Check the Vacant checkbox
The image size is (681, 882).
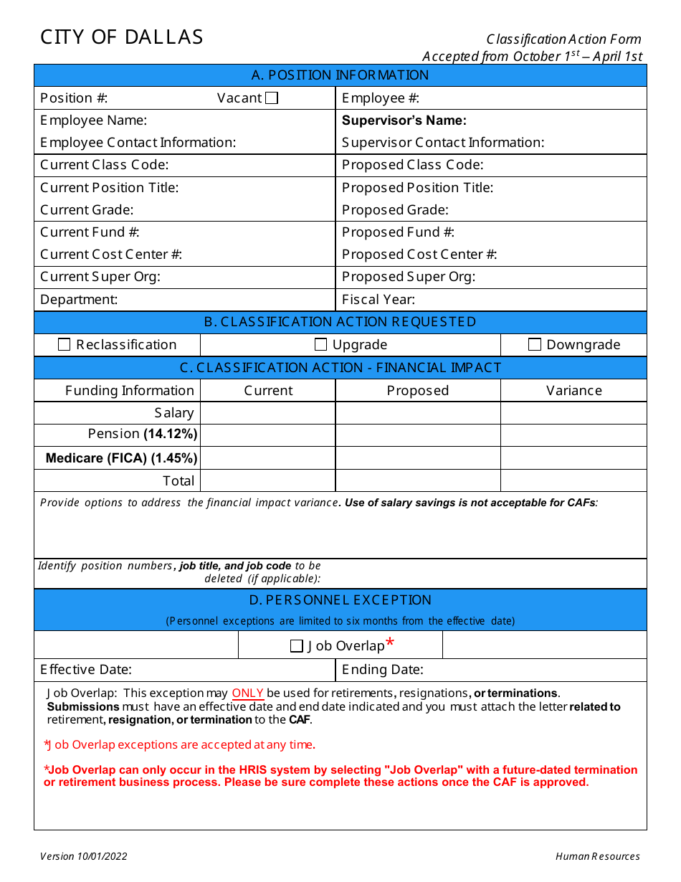272,98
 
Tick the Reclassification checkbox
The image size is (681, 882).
65,345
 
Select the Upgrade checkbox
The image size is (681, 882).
321,345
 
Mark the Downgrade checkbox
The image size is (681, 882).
535,345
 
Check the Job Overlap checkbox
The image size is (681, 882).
297,646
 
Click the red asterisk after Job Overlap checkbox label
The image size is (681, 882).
390,642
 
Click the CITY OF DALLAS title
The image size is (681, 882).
122,37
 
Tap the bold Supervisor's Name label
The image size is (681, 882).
404,120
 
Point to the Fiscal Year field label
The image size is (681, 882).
378,300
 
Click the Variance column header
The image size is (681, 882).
573,391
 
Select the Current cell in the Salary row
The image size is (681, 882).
267,413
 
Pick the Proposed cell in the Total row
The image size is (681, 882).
417,480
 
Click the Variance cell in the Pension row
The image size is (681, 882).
573,435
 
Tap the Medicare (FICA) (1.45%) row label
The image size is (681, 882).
121,458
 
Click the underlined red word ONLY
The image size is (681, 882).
248,693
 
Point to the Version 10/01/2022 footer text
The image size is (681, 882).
84,856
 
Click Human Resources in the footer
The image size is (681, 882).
597,856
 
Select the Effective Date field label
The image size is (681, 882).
86,670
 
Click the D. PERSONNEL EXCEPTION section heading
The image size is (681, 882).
340,600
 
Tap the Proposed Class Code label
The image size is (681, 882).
412,165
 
